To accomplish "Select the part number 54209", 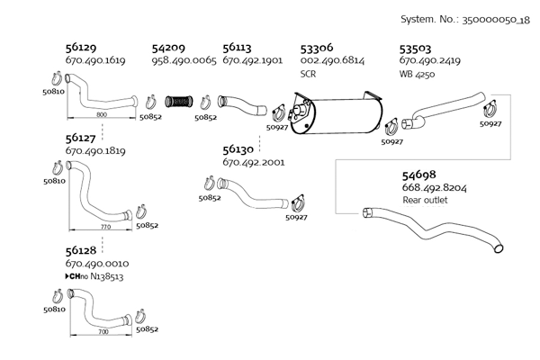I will [x=169, y=48].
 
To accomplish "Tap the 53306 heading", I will [x=318, y=48].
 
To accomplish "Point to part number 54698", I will [x=421, y=174].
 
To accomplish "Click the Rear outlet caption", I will [x=425, y=200].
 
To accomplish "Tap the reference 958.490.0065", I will [x=184, y=60].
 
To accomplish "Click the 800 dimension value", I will [x=101, y=116].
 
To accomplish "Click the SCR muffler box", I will [x=335, y=114].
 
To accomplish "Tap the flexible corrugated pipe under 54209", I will [x=184, y=99].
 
